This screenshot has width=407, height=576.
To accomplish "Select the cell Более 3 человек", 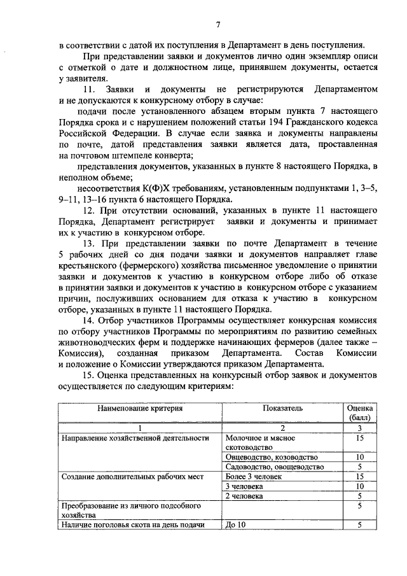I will coord(254,476).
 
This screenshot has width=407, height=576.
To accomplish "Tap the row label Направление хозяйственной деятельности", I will coord(134,438).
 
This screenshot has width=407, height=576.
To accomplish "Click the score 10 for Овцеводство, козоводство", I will coord(360,456).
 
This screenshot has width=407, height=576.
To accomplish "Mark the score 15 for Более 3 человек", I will coord(360,476).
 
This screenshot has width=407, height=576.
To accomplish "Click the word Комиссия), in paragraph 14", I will coord(79,353).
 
